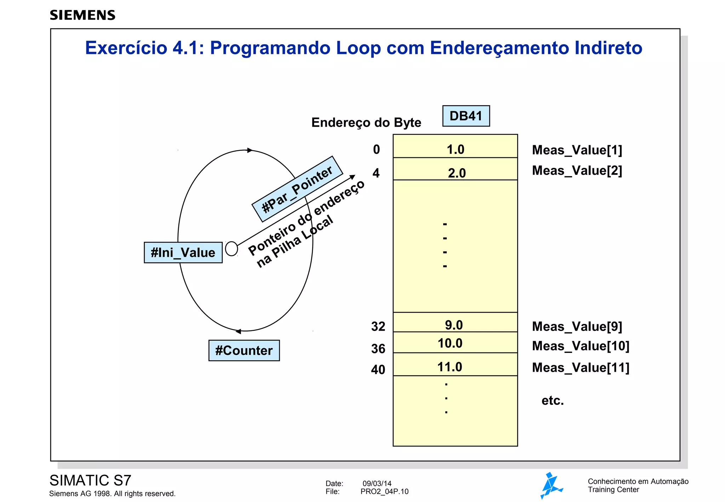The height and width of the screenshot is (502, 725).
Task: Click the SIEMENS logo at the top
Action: (x=82, y=15)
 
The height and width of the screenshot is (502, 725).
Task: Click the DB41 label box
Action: (x=466, y=116)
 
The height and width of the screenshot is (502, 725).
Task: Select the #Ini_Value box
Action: (x=183, y=253)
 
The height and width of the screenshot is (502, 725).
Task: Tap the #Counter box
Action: (x=244, y=350)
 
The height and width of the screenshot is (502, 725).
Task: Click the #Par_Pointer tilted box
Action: (x=297, y=189)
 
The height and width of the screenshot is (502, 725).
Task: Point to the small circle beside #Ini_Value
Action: (x=231, y=249)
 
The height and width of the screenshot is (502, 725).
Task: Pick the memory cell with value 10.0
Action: (x=455, y=342)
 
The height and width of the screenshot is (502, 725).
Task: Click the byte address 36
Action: (x=378, y=349)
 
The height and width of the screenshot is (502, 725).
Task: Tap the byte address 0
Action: (x=376, y=150)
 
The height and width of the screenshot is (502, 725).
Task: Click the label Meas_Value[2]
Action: (x=577, y=171)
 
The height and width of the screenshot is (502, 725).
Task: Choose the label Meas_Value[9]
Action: (x=577, y=326)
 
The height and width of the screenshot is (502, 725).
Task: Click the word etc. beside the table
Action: (x=552, y=401)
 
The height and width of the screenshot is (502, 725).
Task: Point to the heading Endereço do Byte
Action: (x=366, y=122)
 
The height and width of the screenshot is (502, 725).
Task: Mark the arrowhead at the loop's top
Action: (x=250, y=150)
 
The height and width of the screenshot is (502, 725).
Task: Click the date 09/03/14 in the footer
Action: (x=377, y=484)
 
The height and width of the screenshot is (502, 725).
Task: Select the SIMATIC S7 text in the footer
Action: (x=90, y=480)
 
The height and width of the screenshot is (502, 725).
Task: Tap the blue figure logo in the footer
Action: (x=551, y=485)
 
